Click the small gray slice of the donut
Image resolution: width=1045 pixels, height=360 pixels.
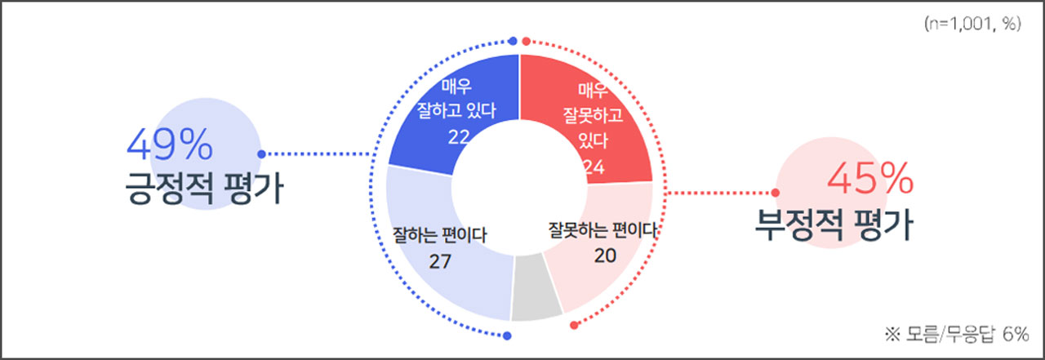pos(536,286)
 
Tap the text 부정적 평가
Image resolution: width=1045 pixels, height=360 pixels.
pos(834,225)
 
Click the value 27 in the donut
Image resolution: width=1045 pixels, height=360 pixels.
pos(440,261)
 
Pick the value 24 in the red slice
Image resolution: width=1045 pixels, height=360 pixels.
pos(594,167)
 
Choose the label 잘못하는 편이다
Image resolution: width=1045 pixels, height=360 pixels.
pos(603,230)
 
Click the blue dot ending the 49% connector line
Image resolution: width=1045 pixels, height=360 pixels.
pos(260,153)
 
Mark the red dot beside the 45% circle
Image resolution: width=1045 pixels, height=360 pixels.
pos(776,193)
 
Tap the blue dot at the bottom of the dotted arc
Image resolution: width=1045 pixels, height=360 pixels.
pos(507,336)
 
